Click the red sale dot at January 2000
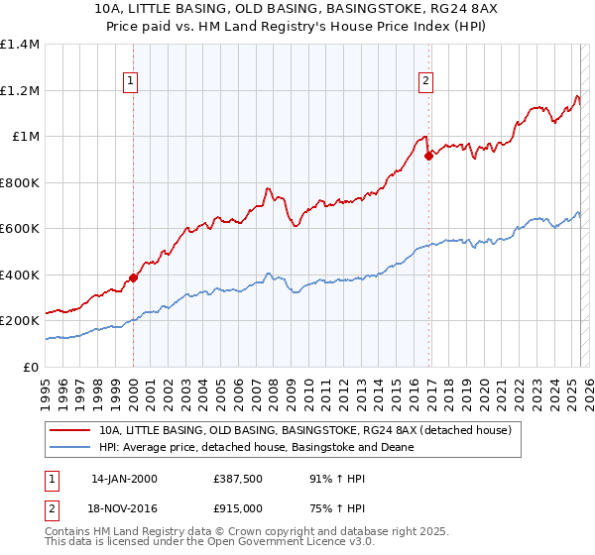point(133,278)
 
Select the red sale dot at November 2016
point(427,156)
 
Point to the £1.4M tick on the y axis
point(20,45)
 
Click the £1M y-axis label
point(25,137)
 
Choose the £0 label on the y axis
point(29,367)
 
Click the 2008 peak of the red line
point(268,188)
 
